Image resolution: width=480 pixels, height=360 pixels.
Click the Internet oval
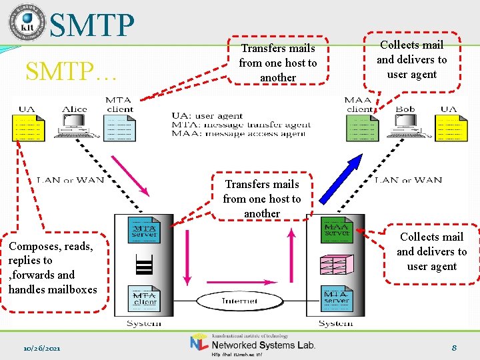coord(239,301)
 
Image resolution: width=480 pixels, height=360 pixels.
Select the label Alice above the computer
coord(75,109)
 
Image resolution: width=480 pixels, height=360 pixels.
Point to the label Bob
coord(405,109)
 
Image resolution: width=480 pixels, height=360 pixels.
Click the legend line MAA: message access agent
coord(239,133)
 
